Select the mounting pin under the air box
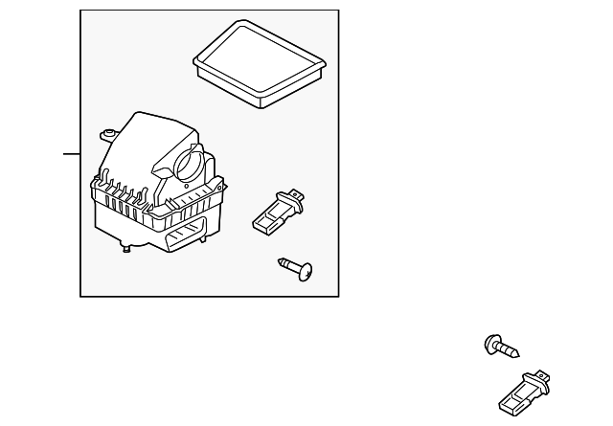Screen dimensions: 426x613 [127, 251]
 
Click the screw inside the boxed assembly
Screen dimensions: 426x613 [298, 269]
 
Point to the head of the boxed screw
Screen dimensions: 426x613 [306, 273]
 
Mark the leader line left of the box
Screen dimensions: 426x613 [72, 153]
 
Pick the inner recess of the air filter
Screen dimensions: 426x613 [257, 61]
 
